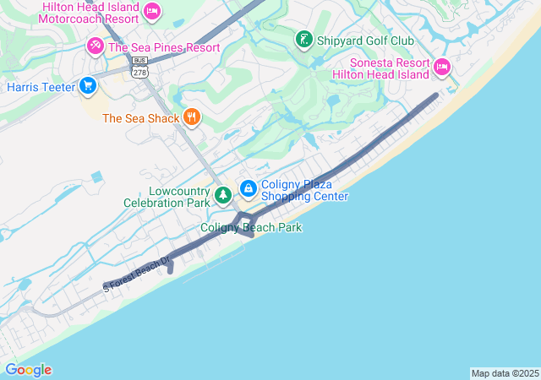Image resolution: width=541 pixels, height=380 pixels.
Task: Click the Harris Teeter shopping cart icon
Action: pyautogui.click(x=87, y=86)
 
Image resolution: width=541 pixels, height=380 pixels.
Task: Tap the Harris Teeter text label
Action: pyautogui.click(x=41, y=87)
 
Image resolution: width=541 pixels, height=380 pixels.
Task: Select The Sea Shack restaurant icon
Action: pyautogui.click(x=192, y=117)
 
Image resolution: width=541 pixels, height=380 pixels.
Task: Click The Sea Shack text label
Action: pyautogui.click(x=141, y=118)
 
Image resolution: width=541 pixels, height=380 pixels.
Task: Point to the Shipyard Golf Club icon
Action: pyautogui.click(x=303, y=39)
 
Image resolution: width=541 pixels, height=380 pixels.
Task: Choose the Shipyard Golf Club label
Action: pyautogui.click(x=365, y=40)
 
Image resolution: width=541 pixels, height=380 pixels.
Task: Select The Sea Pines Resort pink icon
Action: pyautogui.click(x=96, y=46)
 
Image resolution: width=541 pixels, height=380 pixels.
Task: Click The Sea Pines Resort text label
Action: pyautogui.click(x=164, y=46)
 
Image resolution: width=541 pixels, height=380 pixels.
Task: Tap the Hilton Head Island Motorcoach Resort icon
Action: pyautogui.click(x=152, y=10)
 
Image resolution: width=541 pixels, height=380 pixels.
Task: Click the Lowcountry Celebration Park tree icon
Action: pyautogui.click(x=222, y=195)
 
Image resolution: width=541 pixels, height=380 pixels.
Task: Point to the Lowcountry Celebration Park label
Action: pyautogui.click(x=167, y=197)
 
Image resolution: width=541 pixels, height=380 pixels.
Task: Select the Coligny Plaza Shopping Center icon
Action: pyautogui.click(x=249, y=188)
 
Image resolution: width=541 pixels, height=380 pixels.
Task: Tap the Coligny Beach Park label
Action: pyautogui.click(x=251, y=228)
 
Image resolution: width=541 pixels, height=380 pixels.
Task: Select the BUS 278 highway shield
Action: pyautogui.click(x=139, y=68)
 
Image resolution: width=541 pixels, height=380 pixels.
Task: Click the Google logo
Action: pyautogui.click(x=28, y=370)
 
